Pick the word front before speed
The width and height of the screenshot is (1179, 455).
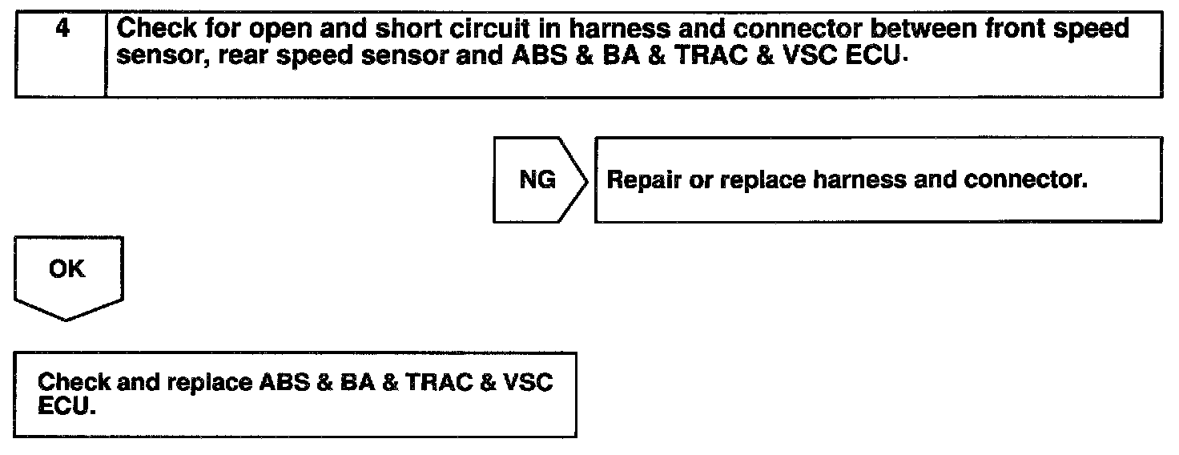(x=1026, y=29)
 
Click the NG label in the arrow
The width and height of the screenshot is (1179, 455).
(x=537, y=179)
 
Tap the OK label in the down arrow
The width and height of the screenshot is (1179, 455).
(x=66, y=269)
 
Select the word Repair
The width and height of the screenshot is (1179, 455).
(x=645, y=179)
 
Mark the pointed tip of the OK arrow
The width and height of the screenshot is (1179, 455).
(x=67, y=320)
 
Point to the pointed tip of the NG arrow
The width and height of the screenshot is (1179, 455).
(x=589, y=180)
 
